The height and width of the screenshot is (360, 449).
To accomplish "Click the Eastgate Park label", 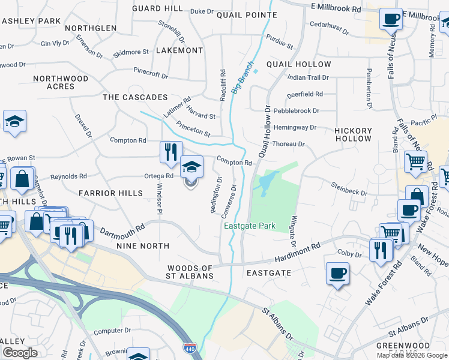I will coord(250,226).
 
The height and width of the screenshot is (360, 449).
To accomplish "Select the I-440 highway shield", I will coord(188,347).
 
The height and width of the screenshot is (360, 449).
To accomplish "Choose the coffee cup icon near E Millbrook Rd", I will coord(391,19).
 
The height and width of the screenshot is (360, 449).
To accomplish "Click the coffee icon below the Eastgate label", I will coord(337,274).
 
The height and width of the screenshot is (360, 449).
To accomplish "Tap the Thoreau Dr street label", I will coord(289,145).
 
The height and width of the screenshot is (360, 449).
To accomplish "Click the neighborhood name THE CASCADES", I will coord(135,97).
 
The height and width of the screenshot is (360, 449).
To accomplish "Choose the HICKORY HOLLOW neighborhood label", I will coord(353,134).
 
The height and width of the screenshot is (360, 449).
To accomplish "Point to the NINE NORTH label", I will coord(143,246).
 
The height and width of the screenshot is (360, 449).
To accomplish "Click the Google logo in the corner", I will coord(20,353).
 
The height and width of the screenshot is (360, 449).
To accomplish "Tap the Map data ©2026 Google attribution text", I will coord(412,355).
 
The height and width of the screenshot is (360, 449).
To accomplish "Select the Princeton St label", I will coord(193,129).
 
